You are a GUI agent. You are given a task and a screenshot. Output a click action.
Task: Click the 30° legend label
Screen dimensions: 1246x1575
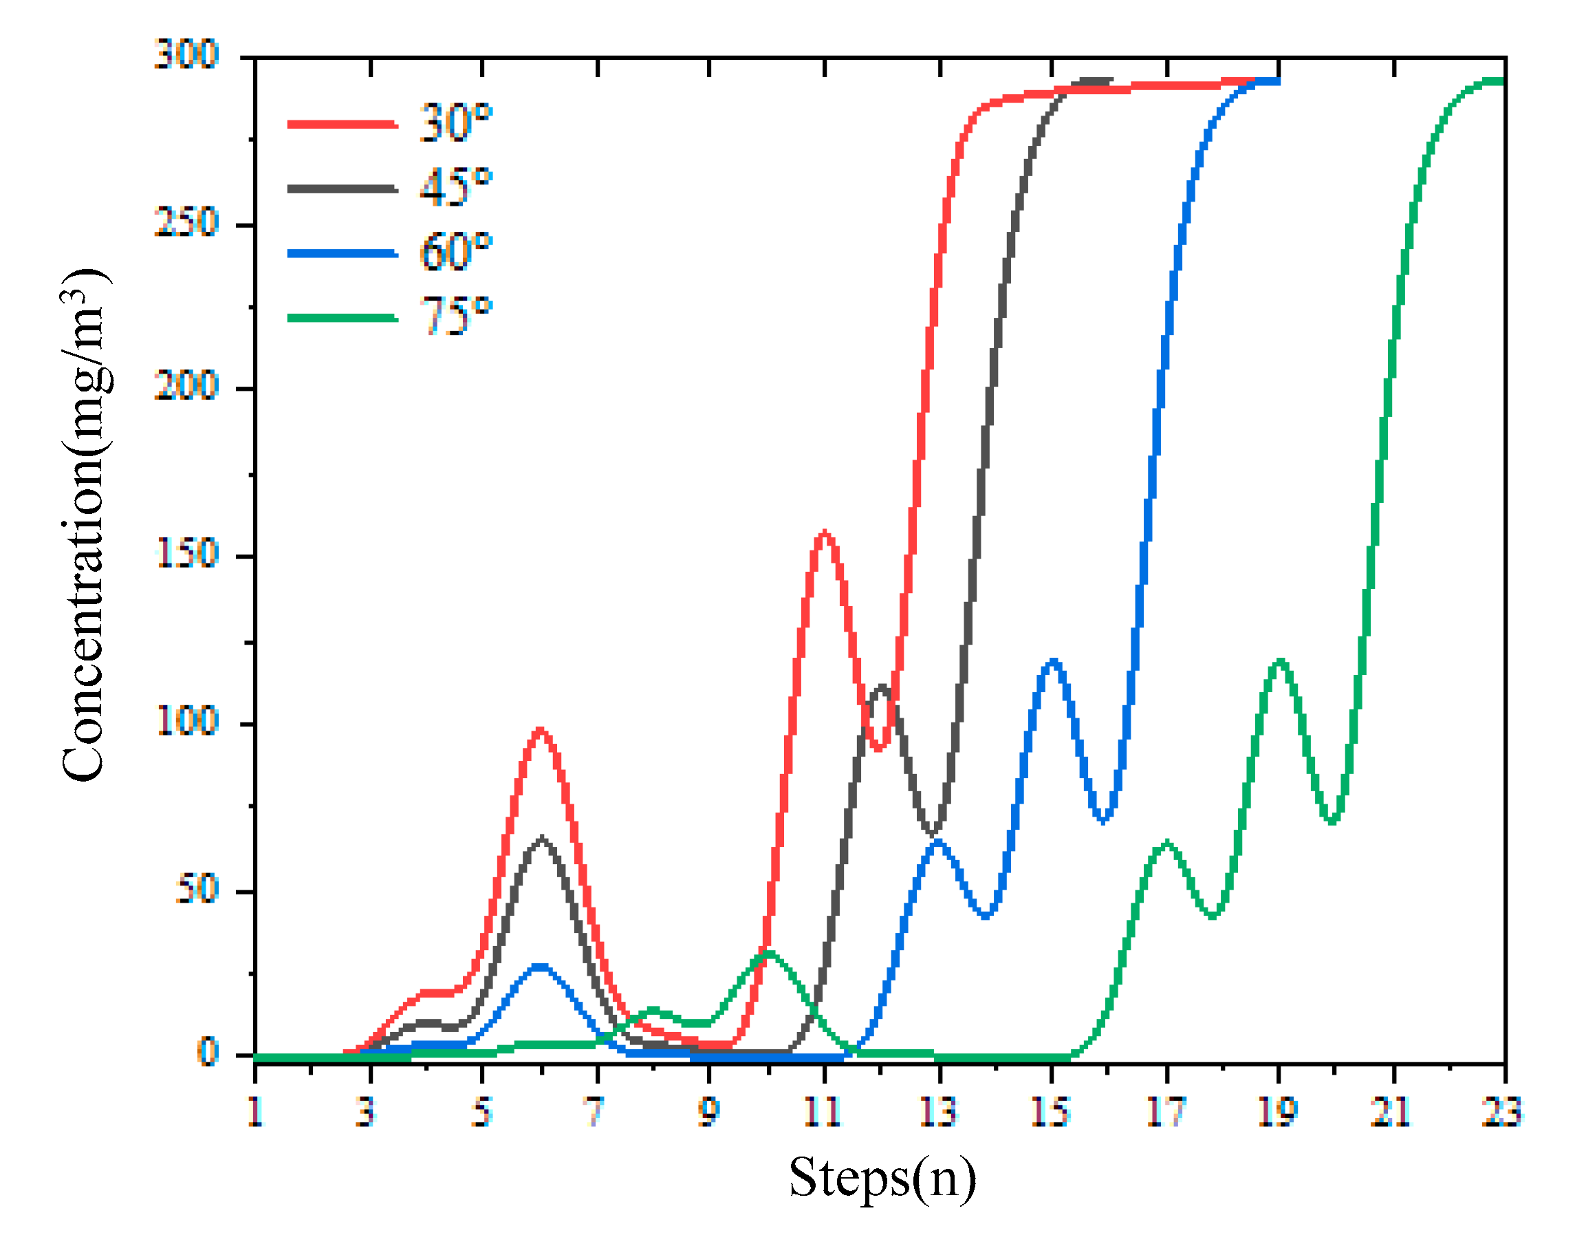click(x=455, y=122)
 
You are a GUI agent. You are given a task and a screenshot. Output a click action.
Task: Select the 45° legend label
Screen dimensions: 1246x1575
click(x=455, y=186)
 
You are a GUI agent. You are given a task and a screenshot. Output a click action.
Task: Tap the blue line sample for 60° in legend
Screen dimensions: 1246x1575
click(x=342, y=253)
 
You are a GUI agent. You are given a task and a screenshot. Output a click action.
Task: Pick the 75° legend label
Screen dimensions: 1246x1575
click(x=455, y=316)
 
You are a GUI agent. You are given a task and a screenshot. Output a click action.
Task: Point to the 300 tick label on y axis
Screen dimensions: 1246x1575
click(x=186, y=56)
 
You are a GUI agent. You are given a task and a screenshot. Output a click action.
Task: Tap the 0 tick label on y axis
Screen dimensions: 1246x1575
click(x=208, y=1053)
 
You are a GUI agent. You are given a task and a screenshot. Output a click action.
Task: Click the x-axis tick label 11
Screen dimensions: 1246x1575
click(x=823, y=1112)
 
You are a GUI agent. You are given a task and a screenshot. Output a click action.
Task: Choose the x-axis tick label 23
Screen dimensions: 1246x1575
click(x=1501, y=1112)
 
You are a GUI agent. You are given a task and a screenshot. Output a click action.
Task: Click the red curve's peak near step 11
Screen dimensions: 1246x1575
click(x=824, y=533)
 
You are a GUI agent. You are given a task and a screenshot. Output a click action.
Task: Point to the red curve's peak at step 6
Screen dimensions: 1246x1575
click(x=540, y=730)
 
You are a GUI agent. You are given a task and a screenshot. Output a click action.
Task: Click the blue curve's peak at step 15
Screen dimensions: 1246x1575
click(x=1052, y=662)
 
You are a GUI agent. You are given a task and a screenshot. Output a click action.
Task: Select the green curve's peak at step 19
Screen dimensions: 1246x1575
click(x=1280, y=662)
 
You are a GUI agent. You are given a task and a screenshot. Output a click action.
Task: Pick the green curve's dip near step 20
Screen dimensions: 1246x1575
click(x=1332, y=821)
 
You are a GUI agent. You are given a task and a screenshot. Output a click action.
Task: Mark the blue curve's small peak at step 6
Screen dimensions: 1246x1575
click(x=539, y=967)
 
